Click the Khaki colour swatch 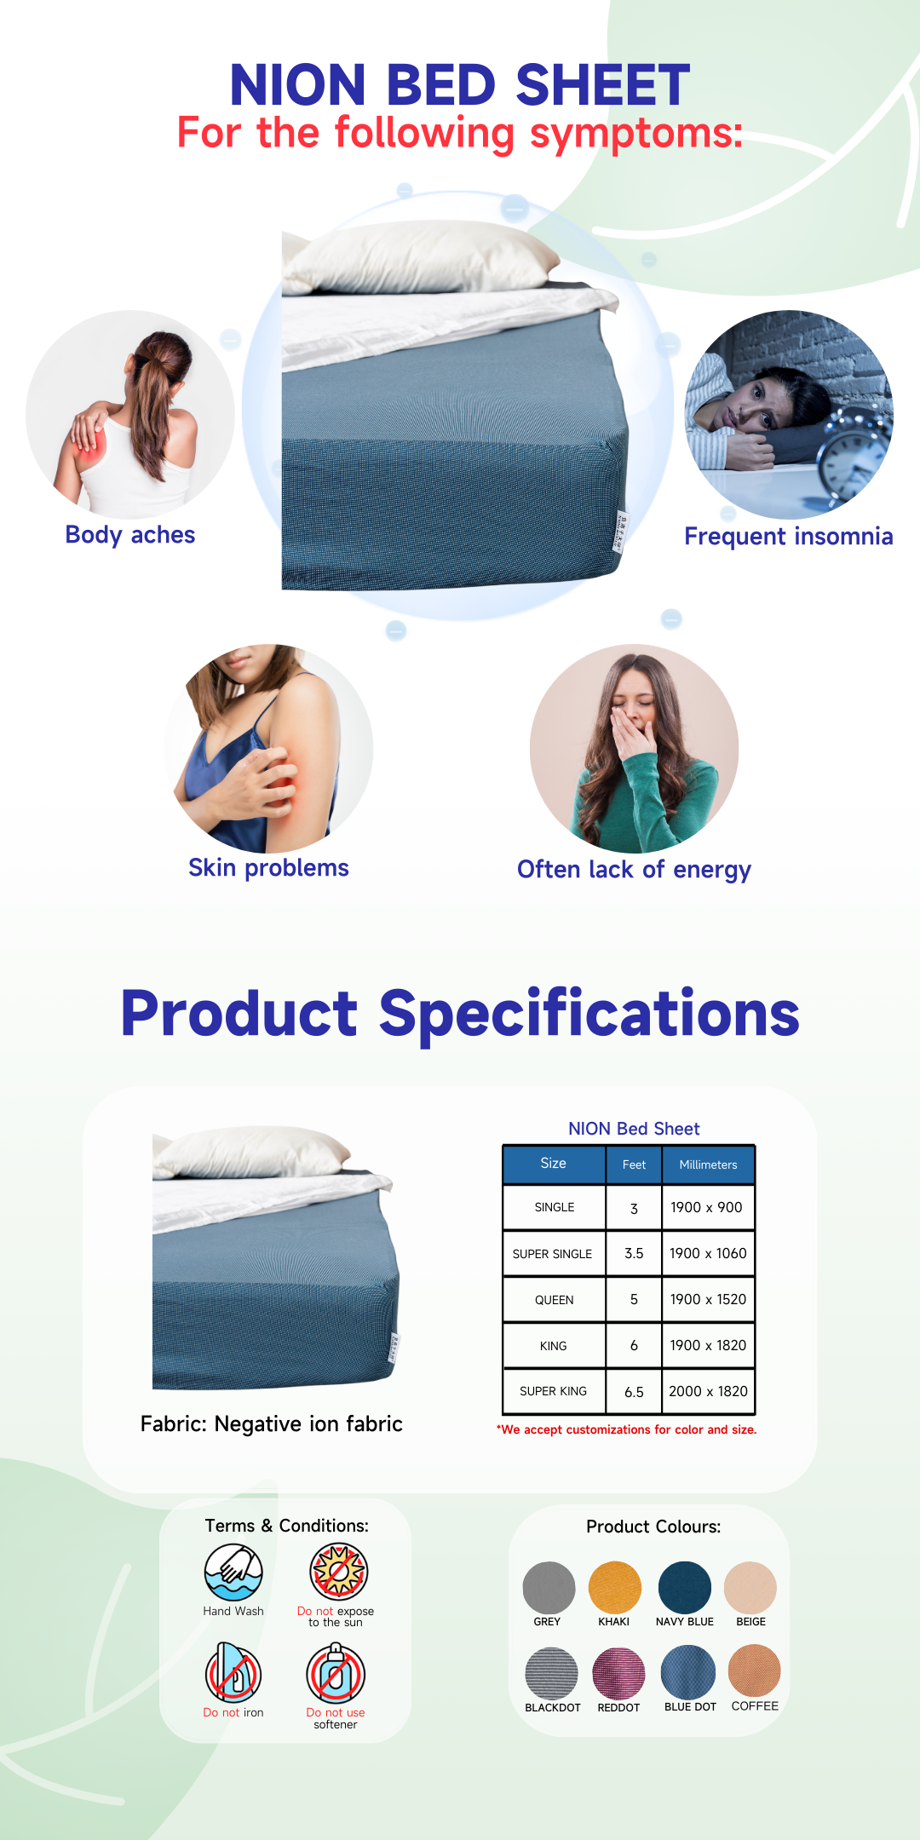pos(614,1588)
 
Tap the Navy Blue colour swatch pos(685,1588)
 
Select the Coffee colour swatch pos(754,1670)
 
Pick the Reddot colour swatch pos(618,1673)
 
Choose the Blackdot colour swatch pos(551,1673)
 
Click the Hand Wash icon pos(233,1573)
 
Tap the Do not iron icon pos(233,1673)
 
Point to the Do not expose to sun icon pos(339,1572)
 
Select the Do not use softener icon pos(336,1673)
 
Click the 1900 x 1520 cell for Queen pos(708,1299)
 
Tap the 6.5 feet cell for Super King pos(634,1392)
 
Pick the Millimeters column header pos(708,1164)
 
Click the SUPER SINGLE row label pos(552,1254)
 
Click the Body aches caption pos(130,535)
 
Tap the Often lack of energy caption pos(634,870)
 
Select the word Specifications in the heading pos(589,1014)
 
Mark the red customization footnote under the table pos(627,1429)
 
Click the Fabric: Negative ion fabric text pos(272,1423)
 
